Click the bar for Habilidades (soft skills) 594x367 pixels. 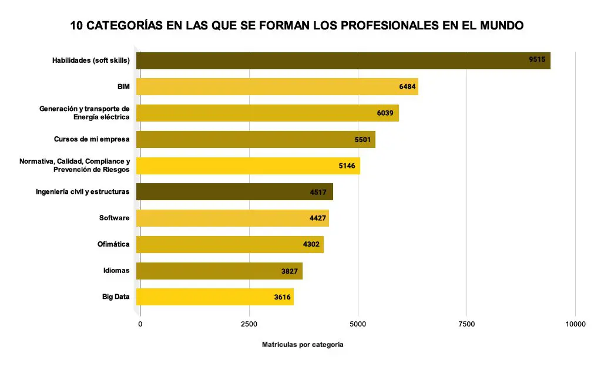[x=343, y=60]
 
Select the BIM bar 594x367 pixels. [x=277, y=87]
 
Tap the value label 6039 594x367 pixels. [x=385, y=113]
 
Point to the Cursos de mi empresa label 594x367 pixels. [x=92, y=139]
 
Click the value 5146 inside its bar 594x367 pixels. [x=347, y=166]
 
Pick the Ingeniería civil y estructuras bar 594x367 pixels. [x=234, y=192]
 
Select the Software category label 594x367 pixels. [x=114, y=218]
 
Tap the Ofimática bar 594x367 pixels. [x=230, y=244]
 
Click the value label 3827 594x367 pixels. [x=290, y=271]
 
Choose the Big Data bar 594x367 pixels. [x=215, y=297]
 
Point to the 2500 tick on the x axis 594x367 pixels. [x=249, y=324]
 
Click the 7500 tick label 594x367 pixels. [x=467, y=324]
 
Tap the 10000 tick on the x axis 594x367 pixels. [x=575, y=324]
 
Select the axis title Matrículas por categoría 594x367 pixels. [x=303, y=345]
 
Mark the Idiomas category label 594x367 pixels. [x=116, y=271]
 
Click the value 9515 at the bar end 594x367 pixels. [x=537, y=60]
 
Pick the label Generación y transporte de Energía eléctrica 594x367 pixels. [x=84, y=113]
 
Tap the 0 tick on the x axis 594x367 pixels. [x=140, y=324]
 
